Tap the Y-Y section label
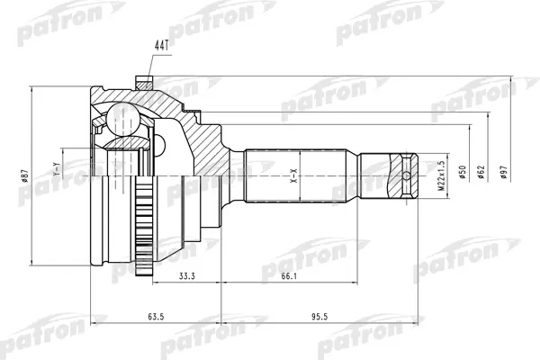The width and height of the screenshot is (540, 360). click(x=57, y=166)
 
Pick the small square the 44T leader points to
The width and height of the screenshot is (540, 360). click(x=140, y=79)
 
